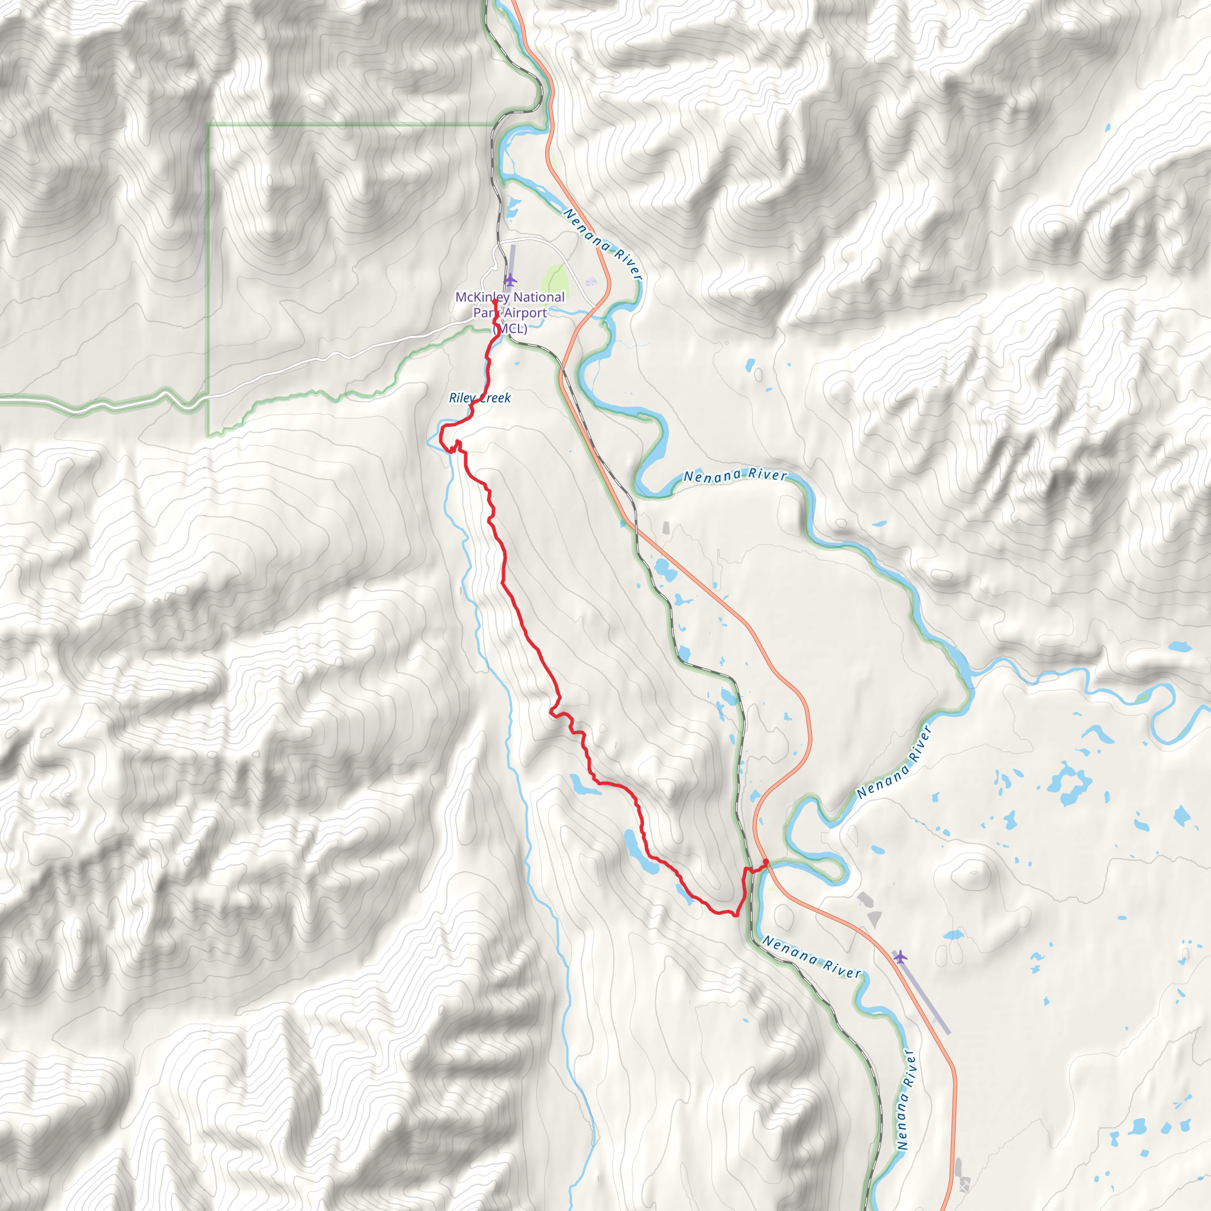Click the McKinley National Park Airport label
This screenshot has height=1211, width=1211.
coord(510,312)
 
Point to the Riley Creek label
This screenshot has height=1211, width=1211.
coord(480,398)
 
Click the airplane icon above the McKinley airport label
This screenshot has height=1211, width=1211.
coord(511,279)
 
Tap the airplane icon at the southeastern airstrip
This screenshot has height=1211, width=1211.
coord(900,957)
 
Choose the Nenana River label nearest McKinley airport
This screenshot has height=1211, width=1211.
coord(603,244)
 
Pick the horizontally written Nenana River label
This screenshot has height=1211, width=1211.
coord(734,476)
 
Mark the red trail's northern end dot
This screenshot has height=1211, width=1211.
coord(495,302)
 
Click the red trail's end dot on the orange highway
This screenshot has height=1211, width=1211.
coord(765,862)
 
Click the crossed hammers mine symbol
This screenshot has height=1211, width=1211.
coord(963,1183)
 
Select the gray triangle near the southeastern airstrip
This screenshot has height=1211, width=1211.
coord(875,919)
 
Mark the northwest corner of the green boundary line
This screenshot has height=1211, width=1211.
coord(209,125)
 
